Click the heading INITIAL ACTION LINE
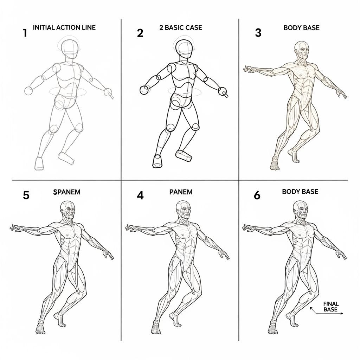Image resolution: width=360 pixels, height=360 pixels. coord(64,27)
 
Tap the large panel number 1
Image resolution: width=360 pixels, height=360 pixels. coord(25,33)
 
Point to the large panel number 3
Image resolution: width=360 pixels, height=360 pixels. coord(258,33)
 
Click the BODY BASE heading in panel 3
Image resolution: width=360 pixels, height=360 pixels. coord(301,27)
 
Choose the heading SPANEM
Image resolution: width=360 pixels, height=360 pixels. coord(67,192)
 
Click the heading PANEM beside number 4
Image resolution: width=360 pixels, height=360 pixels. coord(181,192)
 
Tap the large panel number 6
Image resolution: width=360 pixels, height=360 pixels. coord(257,195)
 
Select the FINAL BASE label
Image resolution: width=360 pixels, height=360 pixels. coord(330,307)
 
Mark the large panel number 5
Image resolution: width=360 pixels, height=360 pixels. coord(26,195)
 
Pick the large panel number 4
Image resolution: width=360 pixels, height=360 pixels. coord(140,195)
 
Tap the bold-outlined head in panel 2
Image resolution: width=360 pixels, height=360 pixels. coord(184,49)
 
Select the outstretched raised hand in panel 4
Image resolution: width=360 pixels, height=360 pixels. coord(131,228)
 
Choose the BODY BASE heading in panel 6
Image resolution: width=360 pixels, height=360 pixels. coord(300,192)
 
